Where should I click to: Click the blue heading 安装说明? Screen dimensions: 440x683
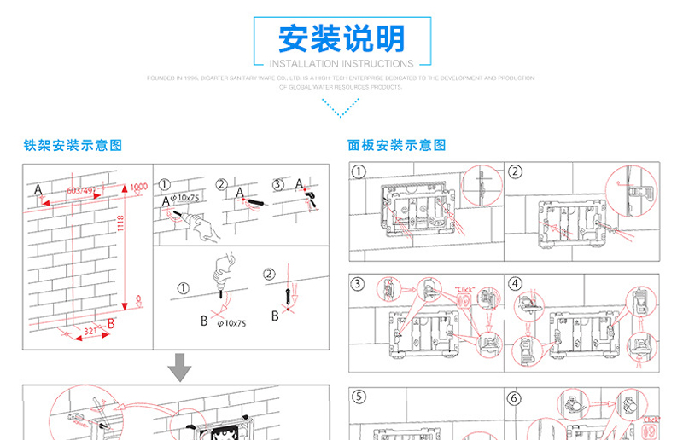[341, 38]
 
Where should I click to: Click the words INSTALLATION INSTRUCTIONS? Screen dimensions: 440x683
[341, 64]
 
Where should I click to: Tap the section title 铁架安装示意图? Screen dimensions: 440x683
[73, 146]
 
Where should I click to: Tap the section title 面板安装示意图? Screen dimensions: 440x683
[397, 146]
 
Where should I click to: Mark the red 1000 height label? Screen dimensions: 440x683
[138, 187]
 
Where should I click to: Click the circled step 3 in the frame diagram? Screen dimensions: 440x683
[277, 184]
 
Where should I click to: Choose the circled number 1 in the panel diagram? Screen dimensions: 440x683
[359, 171]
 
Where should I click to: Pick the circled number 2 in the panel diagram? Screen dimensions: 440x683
[515, 171]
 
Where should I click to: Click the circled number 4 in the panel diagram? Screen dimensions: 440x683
[515, 284]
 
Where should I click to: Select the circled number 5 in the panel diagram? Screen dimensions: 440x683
[359, 397]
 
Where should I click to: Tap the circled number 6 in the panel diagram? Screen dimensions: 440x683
[515, 397]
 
